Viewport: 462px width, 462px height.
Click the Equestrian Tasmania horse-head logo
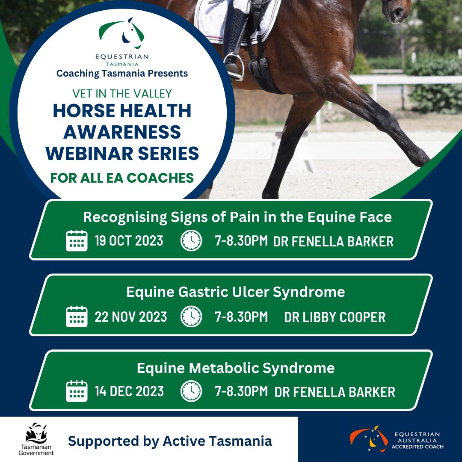(x=121, y=33)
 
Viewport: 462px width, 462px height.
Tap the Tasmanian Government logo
(x=36, y=439)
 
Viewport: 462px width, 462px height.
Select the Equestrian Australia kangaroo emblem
(x=369, y=438)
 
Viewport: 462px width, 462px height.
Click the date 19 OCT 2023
(x=129, y=241)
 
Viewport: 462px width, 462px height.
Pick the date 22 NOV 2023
(x=131, y=317)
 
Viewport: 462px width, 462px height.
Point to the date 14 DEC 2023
(x=129, y=391)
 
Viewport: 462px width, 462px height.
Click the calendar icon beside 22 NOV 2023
(x=77, y=317)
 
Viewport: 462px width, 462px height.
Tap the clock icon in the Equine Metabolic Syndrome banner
(x=191, y=391)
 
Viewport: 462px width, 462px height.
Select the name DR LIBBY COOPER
(x=335, y=317)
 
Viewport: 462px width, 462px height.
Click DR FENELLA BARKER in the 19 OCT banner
(x=333, y=241)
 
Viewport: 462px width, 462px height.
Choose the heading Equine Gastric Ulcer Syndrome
(x=235, y=292)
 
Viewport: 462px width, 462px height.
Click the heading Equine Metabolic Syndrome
(x=236, y=368)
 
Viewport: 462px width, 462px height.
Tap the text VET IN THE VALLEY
(x=122, y=93)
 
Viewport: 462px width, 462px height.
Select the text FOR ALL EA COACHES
(x=122, y=178)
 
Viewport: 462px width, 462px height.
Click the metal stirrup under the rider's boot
(x=234, y=67)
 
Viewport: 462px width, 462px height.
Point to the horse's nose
(x=396, y=11)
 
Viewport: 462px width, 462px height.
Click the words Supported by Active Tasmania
(x=170, y=441)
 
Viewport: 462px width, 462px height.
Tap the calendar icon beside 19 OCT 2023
(x=77, y=240)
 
